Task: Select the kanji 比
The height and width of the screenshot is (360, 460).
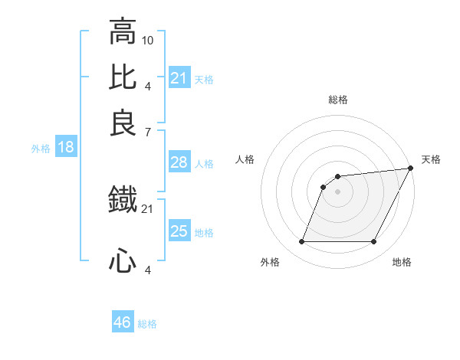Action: (123, 77)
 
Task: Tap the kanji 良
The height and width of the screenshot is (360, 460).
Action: (123, 123)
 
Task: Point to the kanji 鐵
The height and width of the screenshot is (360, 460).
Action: (123, 201)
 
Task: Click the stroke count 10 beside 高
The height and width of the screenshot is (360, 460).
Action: (148, 40)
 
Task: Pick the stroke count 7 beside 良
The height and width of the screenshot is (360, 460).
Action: (148, 133)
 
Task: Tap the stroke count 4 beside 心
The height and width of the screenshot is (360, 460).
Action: (148, 270)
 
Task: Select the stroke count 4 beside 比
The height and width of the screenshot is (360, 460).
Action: (148, 86)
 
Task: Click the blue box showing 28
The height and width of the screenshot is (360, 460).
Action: (179, 162)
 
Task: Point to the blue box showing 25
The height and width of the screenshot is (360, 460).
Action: (179, 231)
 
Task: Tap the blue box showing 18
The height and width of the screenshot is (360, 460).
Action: (65, 148)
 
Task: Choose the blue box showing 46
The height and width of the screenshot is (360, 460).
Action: (123, 322)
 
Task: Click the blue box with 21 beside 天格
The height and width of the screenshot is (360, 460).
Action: (179, 78)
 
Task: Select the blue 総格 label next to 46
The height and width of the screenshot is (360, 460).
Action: (147, 324)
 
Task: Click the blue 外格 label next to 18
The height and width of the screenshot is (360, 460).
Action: (41, 149)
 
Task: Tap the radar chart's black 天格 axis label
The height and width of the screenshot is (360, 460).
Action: (431, 159)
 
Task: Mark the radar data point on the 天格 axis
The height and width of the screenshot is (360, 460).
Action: (412, 169)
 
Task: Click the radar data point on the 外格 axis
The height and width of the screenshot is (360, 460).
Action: (301, 242)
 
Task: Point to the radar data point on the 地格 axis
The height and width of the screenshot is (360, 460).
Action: (374, 242)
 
